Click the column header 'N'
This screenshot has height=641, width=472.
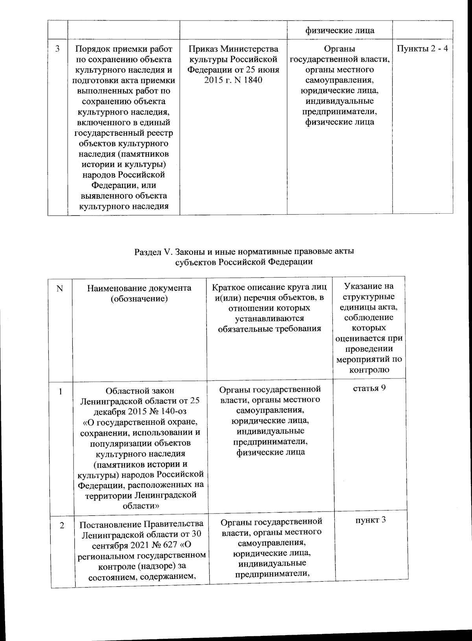tap(60, 288)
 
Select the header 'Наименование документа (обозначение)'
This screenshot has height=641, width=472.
tap(139, 293)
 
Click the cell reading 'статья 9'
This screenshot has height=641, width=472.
tap(369, 388)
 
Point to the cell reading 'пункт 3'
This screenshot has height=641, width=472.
tap(370, 519)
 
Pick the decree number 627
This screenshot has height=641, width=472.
tap(168, 545)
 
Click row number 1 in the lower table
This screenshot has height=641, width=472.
tap(61, 391)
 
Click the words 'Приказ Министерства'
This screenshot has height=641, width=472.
tap(233, 49)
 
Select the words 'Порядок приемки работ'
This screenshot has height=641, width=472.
tap(124, 49)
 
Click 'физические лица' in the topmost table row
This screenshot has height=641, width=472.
tap(340, 30)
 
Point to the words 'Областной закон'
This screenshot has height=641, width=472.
tap(140, 391)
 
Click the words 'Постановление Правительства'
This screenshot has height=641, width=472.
tap(142, 524)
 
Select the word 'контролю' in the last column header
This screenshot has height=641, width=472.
tap(369, 369)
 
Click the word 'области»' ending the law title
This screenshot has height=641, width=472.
tap(141, 506)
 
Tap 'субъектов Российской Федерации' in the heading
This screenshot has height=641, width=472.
tap(243, 262)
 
